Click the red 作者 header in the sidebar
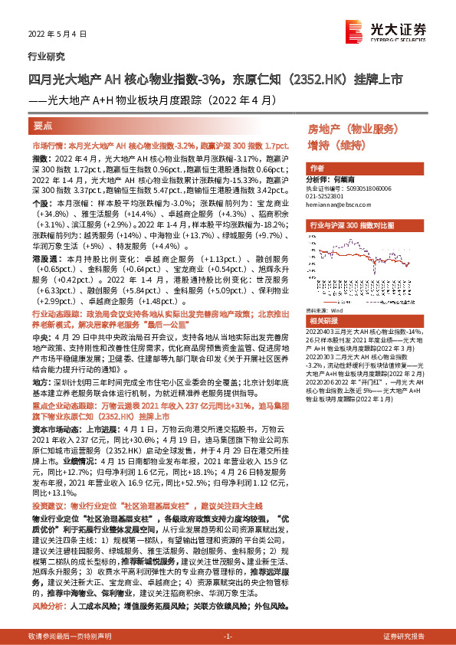[x=316, y=168]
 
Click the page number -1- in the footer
[x=228, y=637]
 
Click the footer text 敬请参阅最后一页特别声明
[x=70, y=637]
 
